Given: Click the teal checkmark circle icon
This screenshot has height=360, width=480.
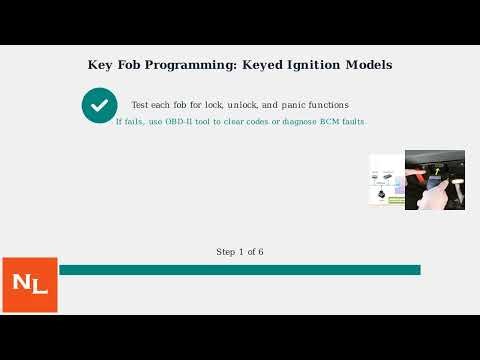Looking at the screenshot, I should point(99,105).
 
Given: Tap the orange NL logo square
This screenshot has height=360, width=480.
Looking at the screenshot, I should point(30,285).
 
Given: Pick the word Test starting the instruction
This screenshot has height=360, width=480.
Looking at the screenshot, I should point(140,105).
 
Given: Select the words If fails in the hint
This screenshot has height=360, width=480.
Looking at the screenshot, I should point(129,121).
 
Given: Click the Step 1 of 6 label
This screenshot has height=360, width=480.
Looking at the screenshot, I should point(240,252).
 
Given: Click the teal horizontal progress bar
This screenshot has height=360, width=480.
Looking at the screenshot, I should point(240,270).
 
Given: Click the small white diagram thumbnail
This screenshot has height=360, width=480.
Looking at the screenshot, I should point(387,180).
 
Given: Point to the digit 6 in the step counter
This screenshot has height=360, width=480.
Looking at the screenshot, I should point(261,252).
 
